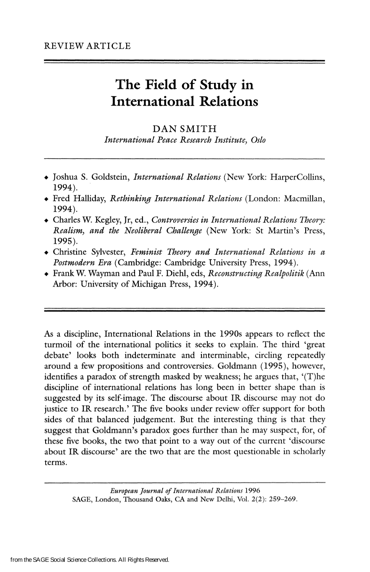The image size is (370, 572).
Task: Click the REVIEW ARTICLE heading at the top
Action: point(87,46)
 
